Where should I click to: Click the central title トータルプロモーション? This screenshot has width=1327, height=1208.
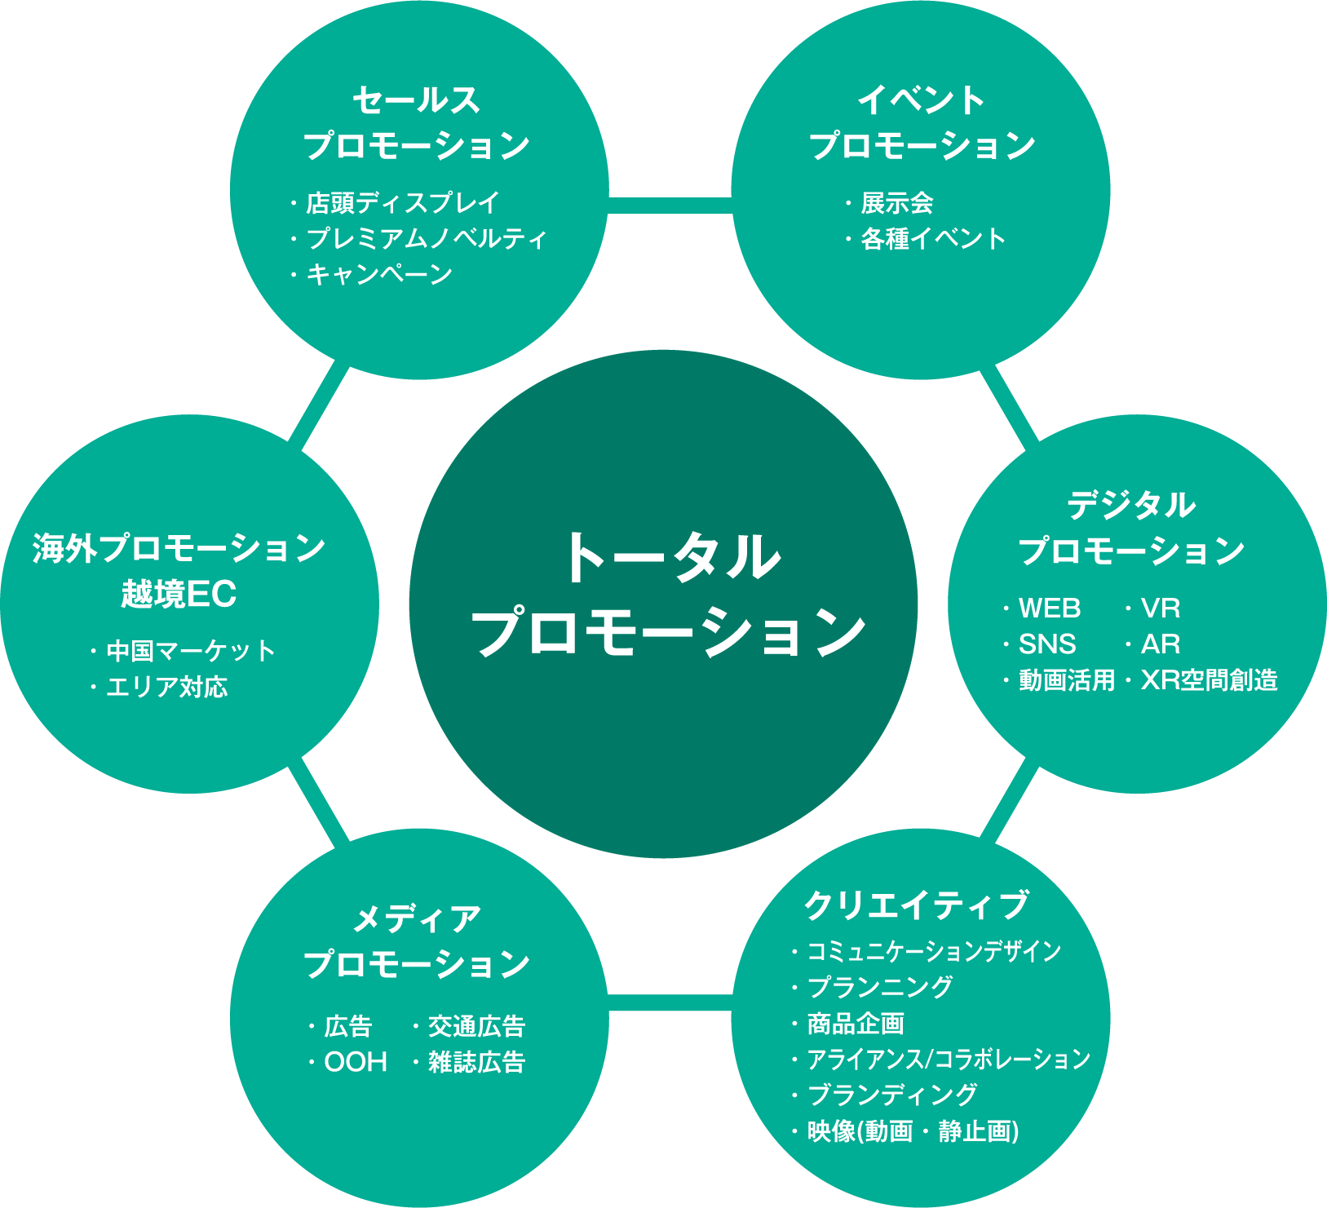(667, 595)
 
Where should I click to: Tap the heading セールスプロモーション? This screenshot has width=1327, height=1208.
(417, 123)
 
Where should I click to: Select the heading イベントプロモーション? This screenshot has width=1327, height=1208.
(922, 123)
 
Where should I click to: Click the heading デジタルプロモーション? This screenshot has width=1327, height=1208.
(1131, 528)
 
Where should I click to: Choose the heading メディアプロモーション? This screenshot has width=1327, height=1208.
(417, 942)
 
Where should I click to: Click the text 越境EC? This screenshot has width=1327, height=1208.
(179, 594)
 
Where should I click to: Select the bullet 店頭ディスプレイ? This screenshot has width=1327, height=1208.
(402, 202)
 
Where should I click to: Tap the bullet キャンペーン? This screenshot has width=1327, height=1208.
(379, 274)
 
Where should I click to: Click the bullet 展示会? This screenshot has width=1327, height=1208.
(897, 202)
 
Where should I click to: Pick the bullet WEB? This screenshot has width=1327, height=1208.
(1050, 608)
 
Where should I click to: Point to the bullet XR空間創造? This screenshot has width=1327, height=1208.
(1209, 680)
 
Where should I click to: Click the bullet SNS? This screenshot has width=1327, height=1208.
(1047, 644)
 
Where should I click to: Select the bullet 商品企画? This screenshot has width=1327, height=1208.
(856, 1023)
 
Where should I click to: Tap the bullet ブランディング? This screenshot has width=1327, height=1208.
(891, 1095)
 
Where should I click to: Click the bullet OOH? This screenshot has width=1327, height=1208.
(356, 1062)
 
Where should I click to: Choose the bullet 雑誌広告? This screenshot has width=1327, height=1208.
(476, 1062)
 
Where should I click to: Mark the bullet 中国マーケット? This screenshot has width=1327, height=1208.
(191, 651)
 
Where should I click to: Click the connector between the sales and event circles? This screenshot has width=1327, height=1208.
(670, 205)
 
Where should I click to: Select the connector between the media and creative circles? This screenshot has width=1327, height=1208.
(670, 1002)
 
